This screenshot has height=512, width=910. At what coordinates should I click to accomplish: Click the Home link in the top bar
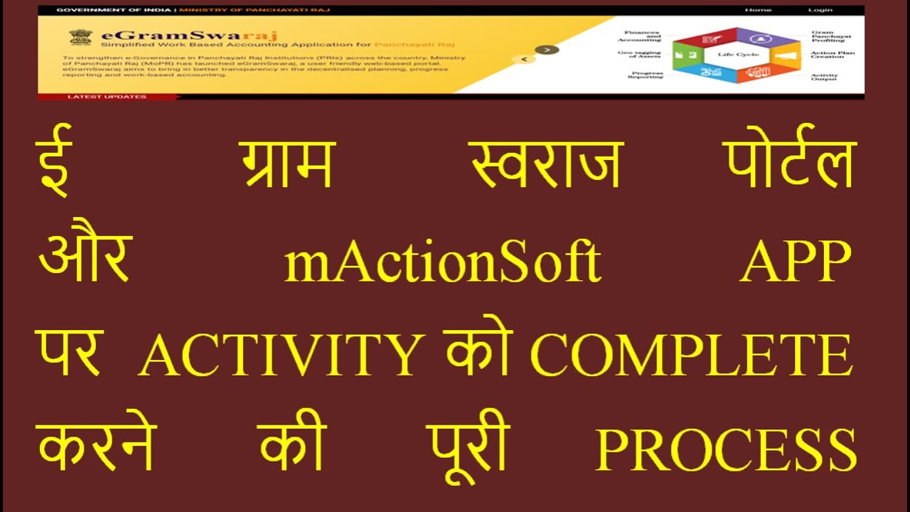pos(758,10)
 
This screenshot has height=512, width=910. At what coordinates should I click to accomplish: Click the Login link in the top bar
pos(820,10)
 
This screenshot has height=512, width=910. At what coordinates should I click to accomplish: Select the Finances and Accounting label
pos(642,36)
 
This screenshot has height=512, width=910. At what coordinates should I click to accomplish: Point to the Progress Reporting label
pos(646,75)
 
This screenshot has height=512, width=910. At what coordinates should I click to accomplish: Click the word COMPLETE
pos(692,355)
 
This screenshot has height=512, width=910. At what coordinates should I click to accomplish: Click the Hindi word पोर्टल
pos(790,165)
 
